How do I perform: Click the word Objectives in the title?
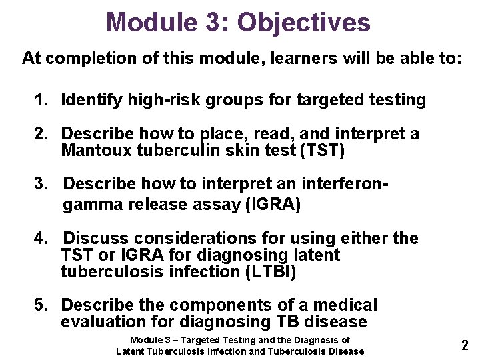[x=303, y=22]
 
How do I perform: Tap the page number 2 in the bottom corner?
[x=465, y=345]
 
